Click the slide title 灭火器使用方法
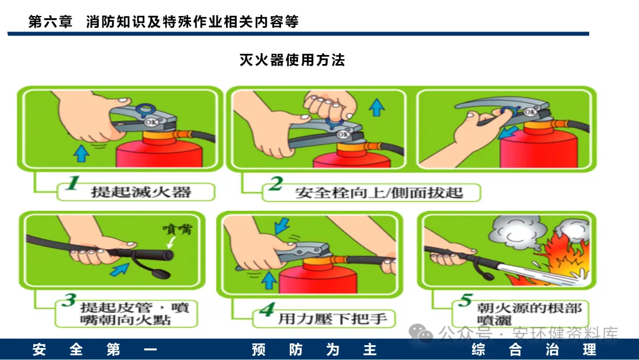[292, 60]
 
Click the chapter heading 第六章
[50, 21]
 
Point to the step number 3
[69, 300]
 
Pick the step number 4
[267, 309]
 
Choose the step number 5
[466, 300]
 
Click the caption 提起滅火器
[141, 192]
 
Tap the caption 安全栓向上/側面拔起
[379, 192]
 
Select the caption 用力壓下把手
[333, 319]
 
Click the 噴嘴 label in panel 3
[177, 229]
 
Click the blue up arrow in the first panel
[81, 153]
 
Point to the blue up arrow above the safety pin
[376, 107]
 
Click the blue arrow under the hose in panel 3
[120, 269]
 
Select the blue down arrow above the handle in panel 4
[282, 226]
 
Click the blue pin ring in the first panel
[146, 111]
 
